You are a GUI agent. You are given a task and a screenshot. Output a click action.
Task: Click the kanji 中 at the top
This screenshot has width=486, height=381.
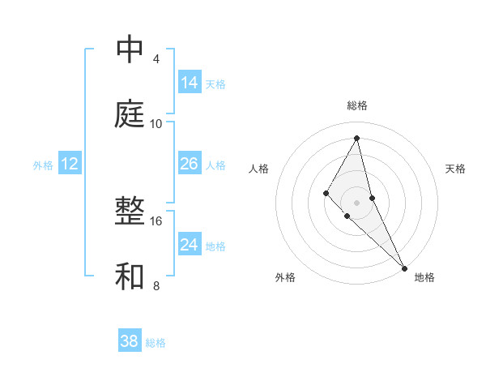click(130, 50)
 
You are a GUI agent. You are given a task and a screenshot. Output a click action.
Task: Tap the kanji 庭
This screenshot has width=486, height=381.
click(130, 115)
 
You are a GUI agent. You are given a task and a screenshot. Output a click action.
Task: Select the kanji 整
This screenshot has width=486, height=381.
click(130, 212)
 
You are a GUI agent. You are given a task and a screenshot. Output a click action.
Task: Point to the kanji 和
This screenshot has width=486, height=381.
click(130, 277)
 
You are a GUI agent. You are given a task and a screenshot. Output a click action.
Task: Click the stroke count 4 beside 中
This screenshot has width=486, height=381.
click(156, 58)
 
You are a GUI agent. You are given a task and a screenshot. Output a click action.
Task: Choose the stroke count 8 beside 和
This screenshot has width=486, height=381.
click(156, 285)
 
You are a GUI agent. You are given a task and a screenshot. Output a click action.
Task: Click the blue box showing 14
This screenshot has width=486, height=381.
click(190, 83)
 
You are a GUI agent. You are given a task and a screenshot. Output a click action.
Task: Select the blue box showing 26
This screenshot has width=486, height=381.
click(190, 164)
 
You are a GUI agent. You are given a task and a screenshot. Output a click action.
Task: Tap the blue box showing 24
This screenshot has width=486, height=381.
click(190, 245)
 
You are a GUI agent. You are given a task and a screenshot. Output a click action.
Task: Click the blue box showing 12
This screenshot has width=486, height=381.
click(70, 164)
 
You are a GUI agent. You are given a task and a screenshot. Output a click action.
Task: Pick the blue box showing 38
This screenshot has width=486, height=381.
click(130, 341)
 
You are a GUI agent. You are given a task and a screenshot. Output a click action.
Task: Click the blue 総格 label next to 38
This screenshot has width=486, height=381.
click(156, 343)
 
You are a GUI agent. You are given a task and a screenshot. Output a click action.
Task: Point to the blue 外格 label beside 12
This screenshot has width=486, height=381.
click(43, 165)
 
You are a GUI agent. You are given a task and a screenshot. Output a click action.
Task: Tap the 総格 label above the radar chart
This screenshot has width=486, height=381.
click(357, 105)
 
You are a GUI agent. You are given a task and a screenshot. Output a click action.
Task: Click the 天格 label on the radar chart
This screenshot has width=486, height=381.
click(456, 169)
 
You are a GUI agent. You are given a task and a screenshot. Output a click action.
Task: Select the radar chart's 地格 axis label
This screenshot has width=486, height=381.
click(424, 277)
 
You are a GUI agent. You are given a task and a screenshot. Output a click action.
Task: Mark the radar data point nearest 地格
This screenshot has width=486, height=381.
click(404, 267)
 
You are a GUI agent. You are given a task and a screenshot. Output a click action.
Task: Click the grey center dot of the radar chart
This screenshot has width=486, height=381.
click(357, 202)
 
